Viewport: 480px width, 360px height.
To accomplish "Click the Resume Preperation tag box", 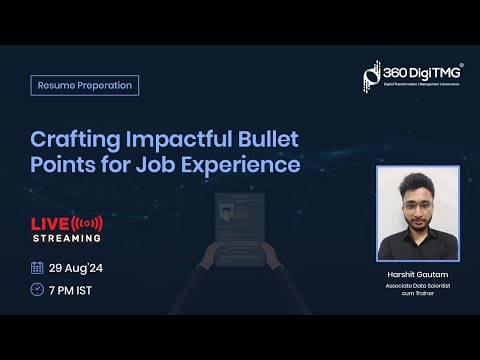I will [x=84, y=85].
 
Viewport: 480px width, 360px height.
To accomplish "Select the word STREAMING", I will [x=66, y=238].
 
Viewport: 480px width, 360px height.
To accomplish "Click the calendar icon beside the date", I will [x=37, y=267].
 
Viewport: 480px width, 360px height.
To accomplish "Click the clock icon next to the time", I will [x=37, y=289].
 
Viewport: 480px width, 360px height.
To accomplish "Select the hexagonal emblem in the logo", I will [x=372, y=76].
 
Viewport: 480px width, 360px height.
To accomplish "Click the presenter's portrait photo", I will [x=417, y=213].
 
